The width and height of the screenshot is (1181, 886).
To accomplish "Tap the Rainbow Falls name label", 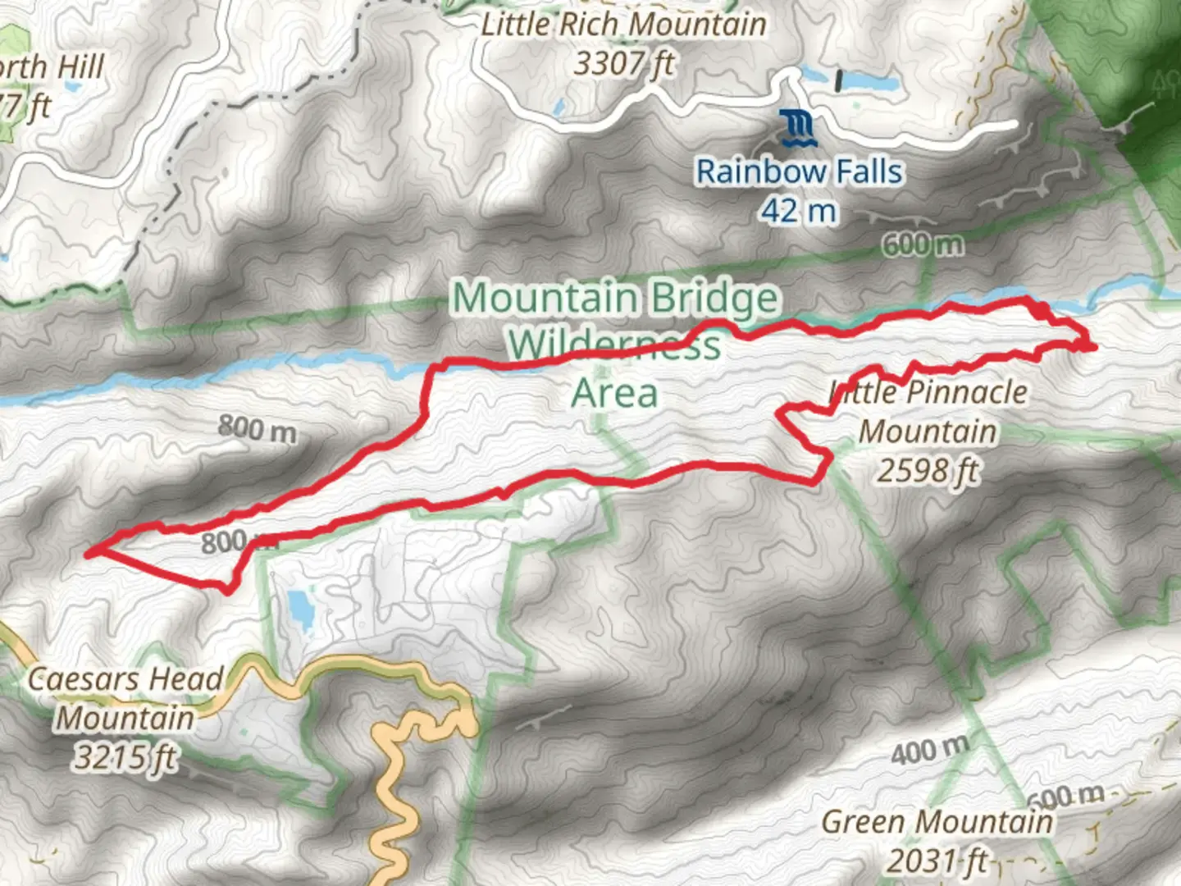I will coord(799,171).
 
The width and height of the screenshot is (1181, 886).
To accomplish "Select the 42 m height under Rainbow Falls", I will coord(798,211).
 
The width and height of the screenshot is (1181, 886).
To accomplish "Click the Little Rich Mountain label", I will coord(623,24).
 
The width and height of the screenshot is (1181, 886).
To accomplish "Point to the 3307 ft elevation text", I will coord(623,62).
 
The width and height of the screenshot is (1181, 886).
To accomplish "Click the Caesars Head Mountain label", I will coord(125,698).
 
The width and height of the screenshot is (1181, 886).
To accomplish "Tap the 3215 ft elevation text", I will coord(125,756).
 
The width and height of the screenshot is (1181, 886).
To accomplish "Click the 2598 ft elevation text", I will coord(928,470).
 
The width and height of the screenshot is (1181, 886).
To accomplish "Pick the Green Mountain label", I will coord(937,821).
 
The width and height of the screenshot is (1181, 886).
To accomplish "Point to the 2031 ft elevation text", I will coord(937,861).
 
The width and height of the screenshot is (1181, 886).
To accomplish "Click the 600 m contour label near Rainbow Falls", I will coord(923,244).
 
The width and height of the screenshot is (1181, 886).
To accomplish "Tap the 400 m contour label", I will coord(930,750).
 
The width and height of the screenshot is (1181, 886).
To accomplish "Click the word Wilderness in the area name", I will coord(614,345).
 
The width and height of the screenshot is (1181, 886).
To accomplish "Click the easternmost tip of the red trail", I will coord(1094,348).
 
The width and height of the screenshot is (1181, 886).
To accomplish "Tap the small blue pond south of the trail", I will coord(299,612).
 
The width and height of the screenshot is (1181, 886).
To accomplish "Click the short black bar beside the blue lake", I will coord(838,80).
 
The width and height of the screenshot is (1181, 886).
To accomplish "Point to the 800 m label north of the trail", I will coord(257,428).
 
